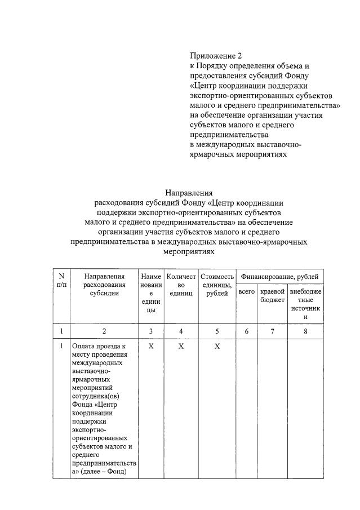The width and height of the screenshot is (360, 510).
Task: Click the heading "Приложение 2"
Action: click(215, 56)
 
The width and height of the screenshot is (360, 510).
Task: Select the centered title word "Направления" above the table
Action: click(189, 192)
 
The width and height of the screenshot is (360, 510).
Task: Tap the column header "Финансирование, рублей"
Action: click(279, 277)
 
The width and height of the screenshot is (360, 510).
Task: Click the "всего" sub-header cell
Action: click(246, 292)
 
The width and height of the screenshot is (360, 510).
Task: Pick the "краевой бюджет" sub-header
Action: click(272, 296)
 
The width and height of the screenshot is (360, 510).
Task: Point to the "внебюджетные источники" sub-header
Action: click(305, 304)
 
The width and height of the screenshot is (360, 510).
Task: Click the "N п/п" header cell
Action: click(61, 281)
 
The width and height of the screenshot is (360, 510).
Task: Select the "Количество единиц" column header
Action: click(181, 285)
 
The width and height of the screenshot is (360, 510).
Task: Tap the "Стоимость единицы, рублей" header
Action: click(217, 285)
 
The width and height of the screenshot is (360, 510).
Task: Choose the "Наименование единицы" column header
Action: click(151, 293)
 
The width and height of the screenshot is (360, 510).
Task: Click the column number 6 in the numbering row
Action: click(246, 331)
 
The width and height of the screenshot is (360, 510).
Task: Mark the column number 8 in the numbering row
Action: click(305, 331)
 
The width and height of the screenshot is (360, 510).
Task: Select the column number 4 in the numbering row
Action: click(181, 331)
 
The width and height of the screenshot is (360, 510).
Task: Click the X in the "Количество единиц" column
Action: click(181, 346)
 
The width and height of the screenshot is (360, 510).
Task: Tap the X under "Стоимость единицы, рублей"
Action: click(217, 346)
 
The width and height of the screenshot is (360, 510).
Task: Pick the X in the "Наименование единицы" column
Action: click(151, 346)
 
